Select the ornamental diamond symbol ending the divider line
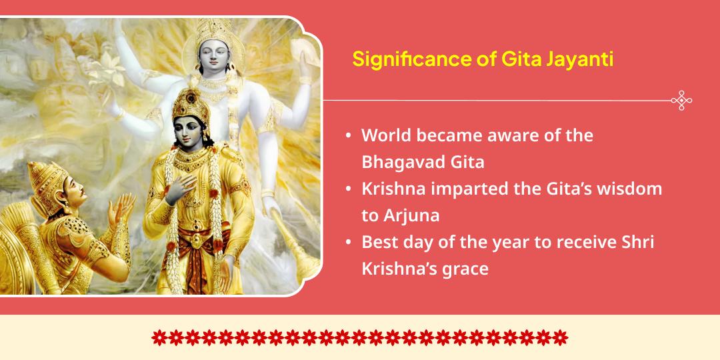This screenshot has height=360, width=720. (681, 101)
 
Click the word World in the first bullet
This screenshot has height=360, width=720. (386, 135)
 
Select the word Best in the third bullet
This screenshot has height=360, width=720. (379, 242)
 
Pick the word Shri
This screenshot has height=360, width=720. (639, 242)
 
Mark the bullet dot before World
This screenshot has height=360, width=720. (349, 135)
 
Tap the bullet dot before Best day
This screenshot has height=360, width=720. (349, 243)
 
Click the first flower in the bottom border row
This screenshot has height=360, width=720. (159, 337)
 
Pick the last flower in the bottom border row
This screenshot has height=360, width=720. (561, 337)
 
